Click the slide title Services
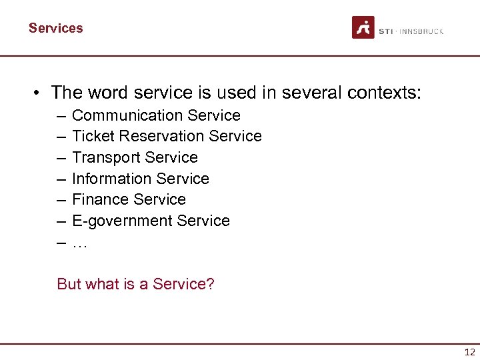click(56, 28)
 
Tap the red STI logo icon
click(363, 27)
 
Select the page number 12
click(469, 352)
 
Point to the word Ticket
click(88, 136)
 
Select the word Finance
click(100, 199)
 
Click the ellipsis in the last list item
click(79, 243)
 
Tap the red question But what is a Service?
click(135, 284)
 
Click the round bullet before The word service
click(39, 93)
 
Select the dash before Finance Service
click(61, 199)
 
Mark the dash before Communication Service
click(61, 115)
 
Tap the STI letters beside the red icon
click(387, 31)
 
